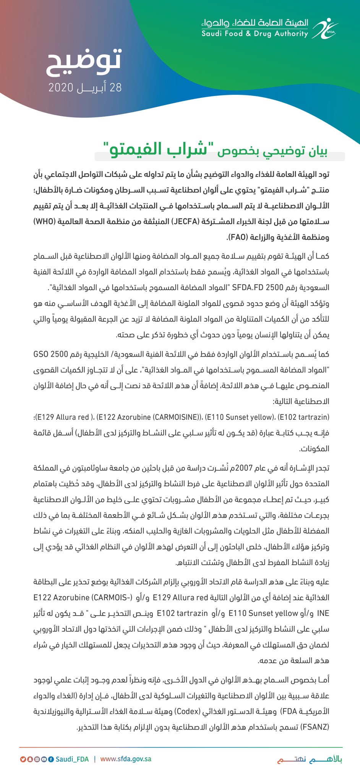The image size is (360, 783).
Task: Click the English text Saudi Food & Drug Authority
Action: pyautogui.click(x=255, y=34)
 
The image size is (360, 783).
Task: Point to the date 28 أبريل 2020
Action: pyautogui.click(x=85, y=88)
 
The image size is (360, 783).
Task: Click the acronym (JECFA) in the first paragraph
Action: pyautogui.click(x=184, y=221)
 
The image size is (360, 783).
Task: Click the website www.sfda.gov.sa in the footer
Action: pyautogui.click(x=126, y=759)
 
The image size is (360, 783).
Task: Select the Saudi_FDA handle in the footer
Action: pyautogui.click(x=72, y=759)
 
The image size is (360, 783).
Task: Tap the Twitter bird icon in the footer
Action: pyautogui.click(x=23, y=759)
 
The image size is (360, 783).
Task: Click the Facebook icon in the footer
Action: pyautogui.click(x=51, y=759)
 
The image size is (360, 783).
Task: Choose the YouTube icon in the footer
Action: pyautogui.click(x=44, y=759)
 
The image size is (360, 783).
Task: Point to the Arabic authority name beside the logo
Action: pyautogui.click(x=255, y=23)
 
